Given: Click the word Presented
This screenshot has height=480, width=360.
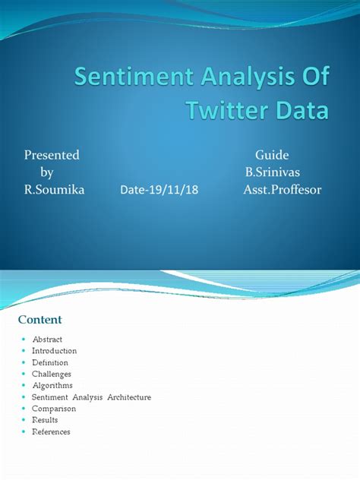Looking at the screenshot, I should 52,155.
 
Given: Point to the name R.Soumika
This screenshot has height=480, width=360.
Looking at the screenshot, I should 55,189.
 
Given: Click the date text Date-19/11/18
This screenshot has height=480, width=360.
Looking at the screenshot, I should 159,190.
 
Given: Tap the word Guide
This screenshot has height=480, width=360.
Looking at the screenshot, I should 272,155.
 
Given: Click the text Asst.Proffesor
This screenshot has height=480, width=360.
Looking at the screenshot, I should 282,189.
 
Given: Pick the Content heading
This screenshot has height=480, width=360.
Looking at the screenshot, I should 39,320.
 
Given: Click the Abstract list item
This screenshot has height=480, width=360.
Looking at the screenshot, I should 47,339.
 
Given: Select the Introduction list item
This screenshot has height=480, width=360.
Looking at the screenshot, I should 54,351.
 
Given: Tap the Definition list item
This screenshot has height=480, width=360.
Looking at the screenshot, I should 50,362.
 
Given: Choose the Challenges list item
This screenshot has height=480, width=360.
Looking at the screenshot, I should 52,374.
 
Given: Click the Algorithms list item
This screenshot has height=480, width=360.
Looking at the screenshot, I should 51,385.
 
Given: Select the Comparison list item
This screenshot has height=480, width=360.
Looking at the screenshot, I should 52,408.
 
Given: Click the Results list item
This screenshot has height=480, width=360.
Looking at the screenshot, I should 45,419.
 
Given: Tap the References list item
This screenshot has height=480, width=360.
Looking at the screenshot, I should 51,431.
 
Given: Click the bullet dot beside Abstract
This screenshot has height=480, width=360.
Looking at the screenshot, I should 24,339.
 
